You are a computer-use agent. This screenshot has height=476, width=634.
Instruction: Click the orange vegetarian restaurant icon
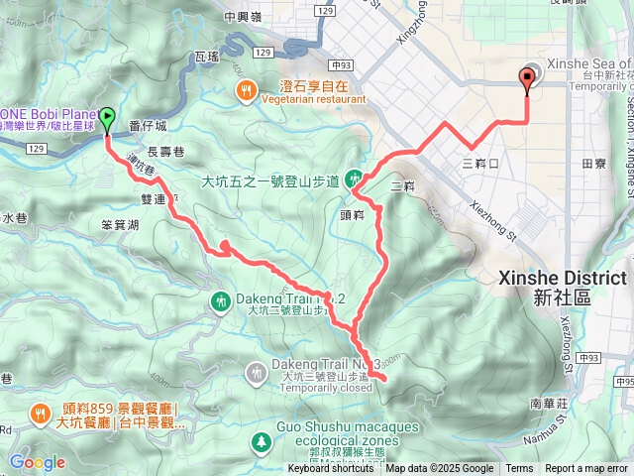[245, 92]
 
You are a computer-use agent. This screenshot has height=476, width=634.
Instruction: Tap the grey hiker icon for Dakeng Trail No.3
[257, 372]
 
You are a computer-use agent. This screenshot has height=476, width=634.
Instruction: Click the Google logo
[38, 462]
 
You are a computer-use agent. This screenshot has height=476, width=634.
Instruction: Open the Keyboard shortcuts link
[331, 469]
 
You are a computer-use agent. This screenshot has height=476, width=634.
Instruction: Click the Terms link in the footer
[519, 469]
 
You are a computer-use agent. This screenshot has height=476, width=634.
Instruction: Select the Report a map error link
[586, 469]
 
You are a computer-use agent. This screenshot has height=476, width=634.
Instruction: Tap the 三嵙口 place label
[479, 162]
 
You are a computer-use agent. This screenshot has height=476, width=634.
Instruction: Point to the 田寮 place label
[594, 163]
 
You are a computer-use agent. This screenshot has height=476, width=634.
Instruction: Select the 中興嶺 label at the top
[243, 16]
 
